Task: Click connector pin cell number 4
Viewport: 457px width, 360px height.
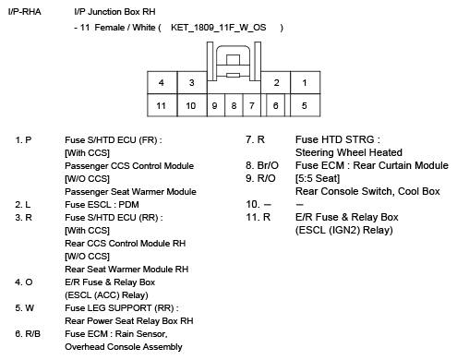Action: click(x=162, y=83)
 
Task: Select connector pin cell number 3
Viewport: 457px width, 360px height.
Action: click(x=191, y=83)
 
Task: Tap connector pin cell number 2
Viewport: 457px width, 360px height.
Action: click(x=275, y=83)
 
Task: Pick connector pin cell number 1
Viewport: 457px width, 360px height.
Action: click(x=305, y=83)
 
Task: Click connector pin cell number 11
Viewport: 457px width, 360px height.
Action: click(x=162, y=106)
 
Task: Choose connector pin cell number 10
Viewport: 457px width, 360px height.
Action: click(x=191, y=106)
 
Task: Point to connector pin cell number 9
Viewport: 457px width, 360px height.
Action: click(x=215, y=106)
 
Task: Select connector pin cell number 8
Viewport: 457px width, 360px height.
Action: click(x=234, y=106)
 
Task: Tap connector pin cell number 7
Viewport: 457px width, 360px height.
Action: click(x=252, y=106)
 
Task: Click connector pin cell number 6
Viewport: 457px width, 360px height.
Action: click(x=274, y=106)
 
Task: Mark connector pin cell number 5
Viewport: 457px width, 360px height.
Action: click(x=305, y=106)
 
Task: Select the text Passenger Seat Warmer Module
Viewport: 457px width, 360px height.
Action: click(x=130, y=191)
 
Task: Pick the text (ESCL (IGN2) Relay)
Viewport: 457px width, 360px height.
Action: click(x=338, y=230)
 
